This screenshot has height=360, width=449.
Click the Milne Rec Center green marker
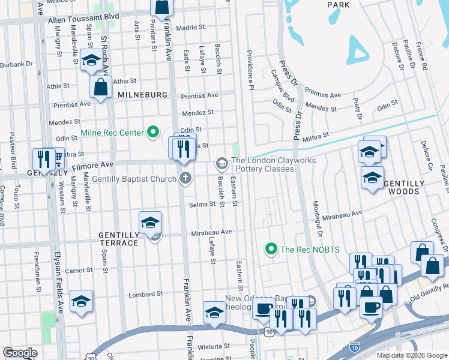click(x=153, y=133)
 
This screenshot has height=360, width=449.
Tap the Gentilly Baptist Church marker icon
click(x=185, y=178)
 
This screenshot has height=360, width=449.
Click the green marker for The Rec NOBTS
click(x=271, y=248)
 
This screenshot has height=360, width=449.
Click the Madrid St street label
click(x=190, y=27)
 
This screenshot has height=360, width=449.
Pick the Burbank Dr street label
click(x=16, y=64)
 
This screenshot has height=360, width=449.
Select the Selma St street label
click(x=203, y=205)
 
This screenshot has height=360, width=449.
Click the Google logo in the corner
click(x=20, y=353)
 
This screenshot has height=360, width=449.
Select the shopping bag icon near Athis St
click(x=100, y=86)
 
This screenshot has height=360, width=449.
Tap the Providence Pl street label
click(x=248, y=75)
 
